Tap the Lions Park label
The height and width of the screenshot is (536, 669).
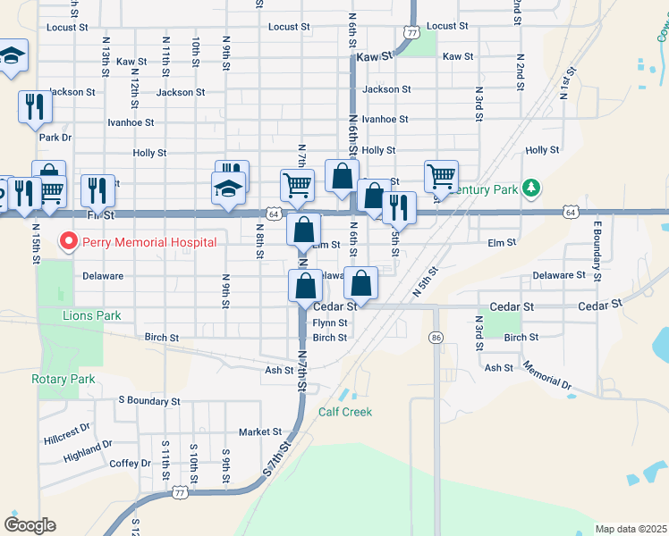91,315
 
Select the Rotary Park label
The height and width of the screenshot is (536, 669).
63,379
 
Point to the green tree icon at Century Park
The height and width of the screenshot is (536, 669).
532,188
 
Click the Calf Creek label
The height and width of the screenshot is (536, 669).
344,412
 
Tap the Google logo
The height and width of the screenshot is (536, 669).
30,525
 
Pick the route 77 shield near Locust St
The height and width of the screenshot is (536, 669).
411,32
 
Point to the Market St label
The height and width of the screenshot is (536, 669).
259,431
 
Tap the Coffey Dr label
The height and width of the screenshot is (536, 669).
131,463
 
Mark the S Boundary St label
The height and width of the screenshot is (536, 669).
149,401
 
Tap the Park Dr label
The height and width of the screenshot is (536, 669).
55,138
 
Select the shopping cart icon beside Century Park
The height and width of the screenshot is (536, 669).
441,177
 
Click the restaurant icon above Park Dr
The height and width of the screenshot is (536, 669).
35,106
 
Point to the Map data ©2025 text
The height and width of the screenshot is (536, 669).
631,529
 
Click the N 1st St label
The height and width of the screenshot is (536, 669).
564,82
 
